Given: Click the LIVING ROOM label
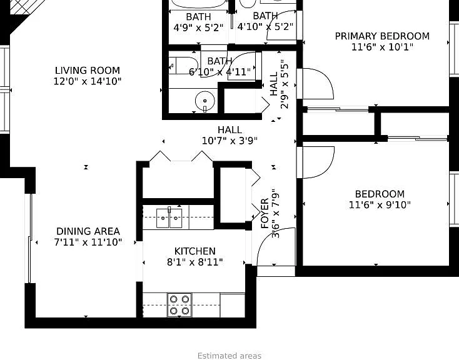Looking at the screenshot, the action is (88, 71).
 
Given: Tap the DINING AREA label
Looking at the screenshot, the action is (88, 231).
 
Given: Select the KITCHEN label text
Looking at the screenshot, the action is (195, 251).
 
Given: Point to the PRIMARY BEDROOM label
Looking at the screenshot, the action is (382, 36).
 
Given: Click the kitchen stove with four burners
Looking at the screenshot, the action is (179, 304).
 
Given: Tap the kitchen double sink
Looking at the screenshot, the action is (169, 217).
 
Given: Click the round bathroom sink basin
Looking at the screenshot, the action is (204, 101).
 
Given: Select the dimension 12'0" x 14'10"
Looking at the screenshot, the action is (87, 81).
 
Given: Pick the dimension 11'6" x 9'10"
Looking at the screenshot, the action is (380, 205).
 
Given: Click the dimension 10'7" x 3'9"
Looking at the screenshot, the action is (229, 141).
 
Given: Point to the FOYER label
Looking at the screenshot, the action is (265, 213).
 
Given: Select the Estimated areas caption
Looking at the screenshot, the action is (229, 356).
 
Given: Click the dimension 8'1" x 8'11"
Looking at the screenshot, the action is (195, 262).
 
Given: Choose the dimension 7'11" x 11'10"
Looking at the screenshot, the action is (88, 242).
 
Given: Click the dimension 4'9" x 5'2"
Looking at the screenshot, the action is (198, 27).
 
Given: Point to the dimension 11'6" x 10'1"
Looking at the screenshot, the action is (382, 47).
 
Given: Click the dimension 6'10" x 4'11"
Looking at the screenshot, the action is (220, 72).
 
